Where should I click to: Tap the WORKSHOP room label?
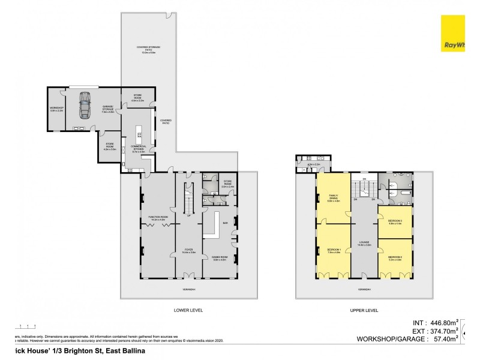(57, 109)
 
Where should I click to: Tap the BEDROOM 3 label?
(394, 221)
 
